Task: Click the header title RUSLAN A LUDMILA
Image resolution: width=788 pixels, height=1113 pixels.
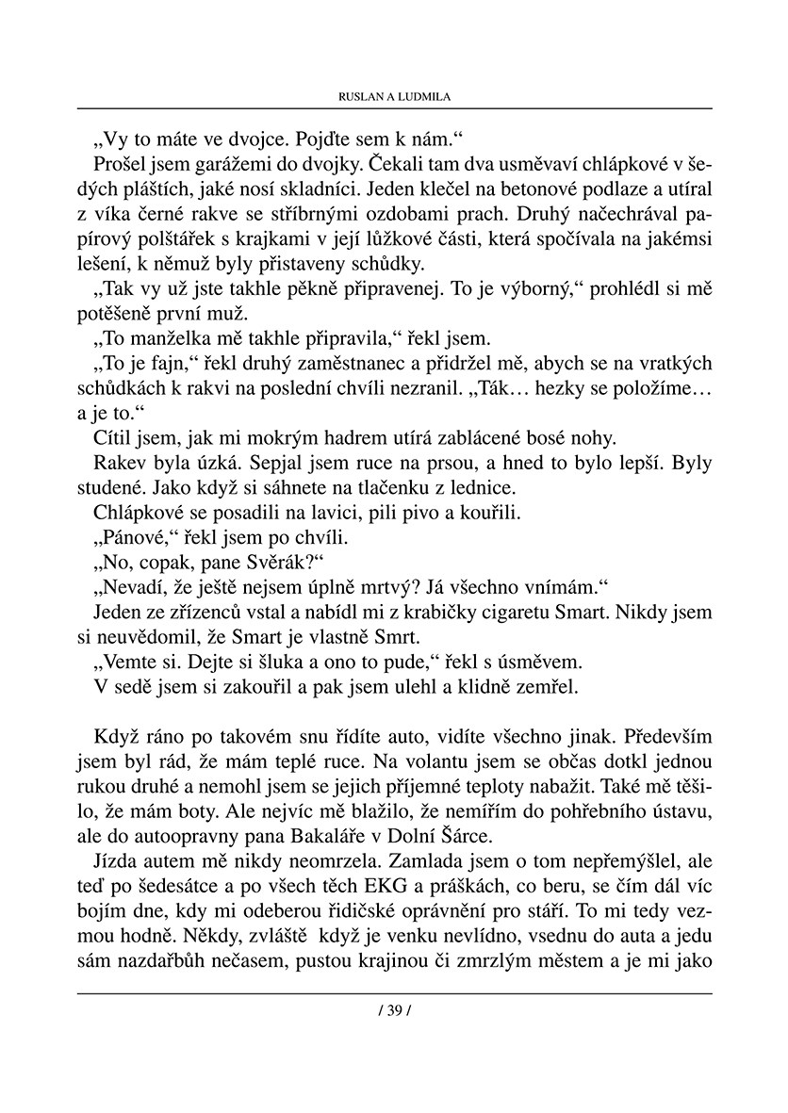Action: (394, 97)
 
